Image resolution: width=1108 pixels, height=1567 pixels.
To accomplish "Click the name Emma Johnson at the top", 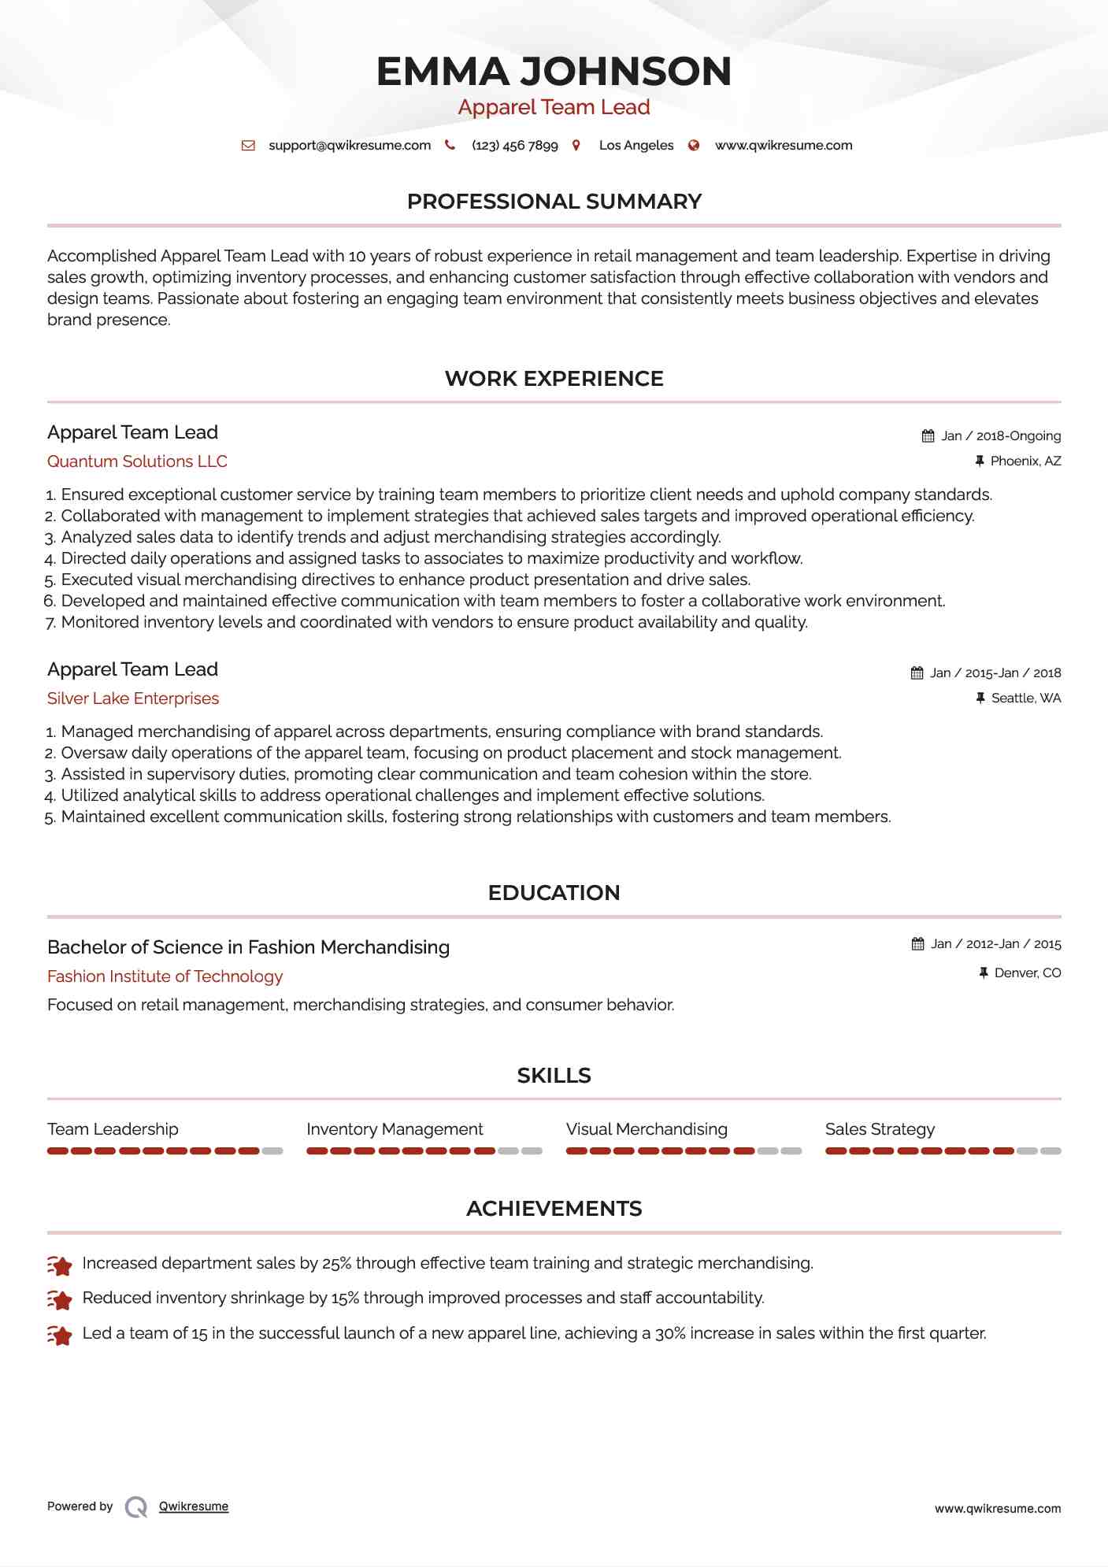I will [554, 72].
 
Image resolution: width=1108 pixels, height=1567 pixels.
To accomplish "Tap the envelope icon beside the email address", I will [248, 146].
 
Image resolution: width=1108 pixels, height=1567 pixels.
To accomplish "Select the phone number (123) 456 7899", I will [514, 146].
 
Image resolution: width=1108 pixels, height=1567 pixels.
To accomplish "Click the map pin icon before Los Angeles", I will [576, 146].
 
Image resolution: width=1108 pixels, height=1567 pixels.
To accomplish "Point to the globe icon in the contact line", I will [694, 146].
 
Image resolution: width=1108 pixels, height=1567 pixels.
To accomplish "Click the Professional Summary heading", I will [554, 202].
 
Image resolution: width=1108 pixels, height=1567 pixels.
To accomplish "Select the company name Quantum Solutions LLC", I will [137, 461].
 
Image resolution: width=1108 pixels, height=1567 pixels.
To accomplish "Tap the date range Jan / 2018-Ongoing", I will [1001, 436].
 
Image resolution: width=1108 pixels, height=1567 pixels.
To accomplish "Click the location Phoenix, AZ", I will [1025, 461].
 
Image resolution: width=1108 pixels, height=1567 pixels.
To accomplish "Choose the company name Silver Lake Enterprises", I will [133, 698].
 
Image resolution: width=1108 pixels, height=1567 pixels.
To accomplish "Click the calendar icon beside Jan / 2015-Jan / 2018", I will [917, 673].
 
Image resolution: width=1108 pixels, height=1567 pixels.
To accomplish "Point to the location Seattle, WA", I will [1026, 698].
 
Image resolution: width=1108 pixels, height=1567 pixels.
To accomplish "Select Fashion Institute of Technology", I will [165, 976].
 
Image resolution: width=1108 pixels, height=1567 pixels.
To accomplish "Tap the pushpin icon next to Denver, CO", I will [983, 973].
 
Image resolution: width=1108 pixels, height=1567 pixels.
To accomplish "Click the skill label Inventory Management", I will [395, 1129].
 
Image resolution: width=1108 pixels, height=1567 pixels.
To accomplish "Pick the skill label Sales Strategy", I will [880, 1129].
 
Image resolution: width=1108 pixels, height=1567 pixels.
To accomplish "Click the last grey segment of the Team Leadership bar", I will [272, 1151].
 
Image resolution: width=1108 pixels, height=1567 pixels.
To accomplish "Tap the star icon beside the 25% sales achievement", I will [60, 1265].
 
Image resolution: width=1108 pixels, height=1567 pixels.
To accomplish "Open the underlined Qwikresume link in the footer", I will [194, 1506].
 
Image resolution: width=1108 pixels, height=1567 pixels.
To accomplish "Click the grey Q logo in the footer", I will [136, 1507].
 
